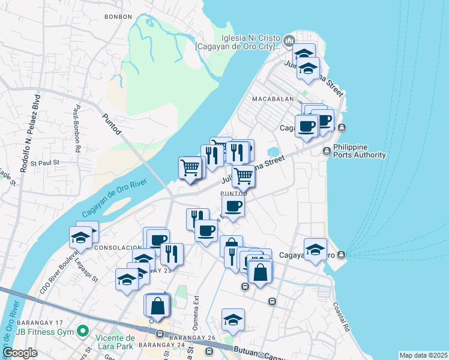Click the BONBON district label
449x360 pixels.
(118, 17)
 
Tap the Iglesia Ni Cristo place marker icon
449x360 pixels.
(289, 41)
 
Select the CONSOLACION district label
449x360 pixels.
(118, 248)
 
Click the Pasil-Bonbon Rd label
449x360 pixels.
(77, 129)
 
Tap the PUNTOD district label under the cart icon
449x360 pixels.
(234, 194)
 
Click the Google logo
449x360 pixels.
(20, 353)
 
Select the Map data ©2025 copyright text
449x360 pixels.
(423, 355)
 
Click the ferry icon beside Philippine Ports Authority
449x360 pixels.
(327, 151)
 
